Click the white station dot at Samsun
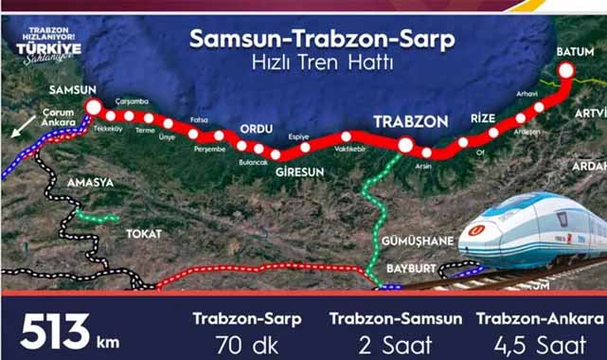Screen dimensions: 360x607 coord(93,105)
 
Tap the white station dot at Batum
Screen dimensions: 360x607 coord(566,69)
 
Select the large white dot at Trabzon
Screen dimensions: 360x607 coord(405,145)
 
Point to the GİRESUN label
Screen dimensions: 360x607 coord(300,171)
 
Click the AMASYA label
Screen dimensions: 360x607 coord(90,181)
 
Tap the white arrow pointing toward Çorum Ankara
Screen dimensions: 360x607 coord(20,128)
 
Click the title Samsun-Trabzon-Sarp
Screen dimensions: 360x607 coord(322,40)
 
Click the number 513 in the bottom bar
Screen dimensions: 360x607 coord(55,333)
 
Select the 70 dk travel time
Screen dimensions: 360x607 coord(247,341)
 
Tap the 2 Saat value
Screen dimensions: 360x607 coord(396,341)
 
